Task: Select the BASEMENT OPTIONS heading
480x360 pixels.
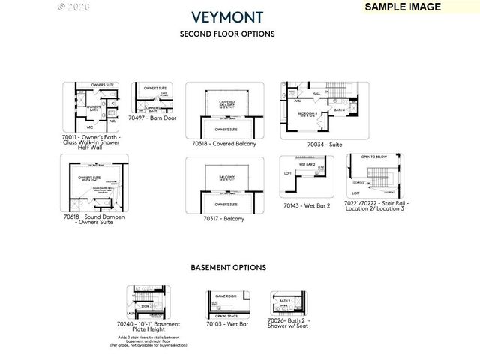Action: (228, 267)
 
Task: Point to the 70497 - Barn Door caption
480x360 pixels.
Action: (152, 118)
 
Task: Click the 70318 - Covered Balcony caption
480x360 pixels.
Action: (224, 143)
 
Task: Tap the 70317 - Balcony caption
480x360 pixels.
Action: (223, 218)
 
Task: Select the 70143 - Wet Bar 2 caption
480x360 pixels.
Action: (307, 205)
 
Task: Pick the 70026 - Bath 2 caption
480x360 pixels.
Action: (289, 323)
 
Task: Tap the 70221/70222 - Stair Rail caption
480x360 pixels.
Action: (376, 205)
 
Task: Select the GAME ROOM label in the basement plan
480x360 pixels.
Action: (226, 295)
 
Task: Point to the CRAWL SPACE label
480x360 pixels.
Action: (226, 315)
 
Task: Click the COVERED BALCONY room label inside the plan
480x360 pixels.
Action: (226, 103)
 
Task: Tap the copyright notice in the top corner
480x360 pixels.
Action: (73, 6)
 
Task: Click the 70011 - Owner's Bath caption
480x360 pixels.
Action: (91, 142)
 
